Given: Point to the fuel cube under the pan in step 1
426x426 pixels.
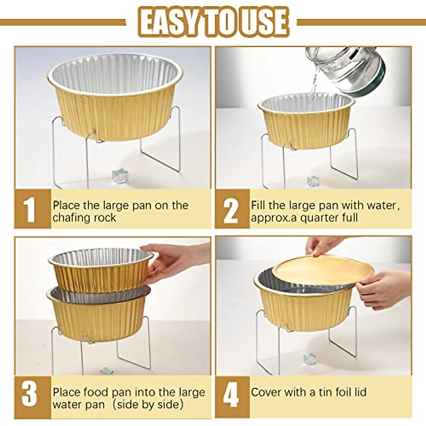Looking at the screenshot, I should point(120,176).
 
